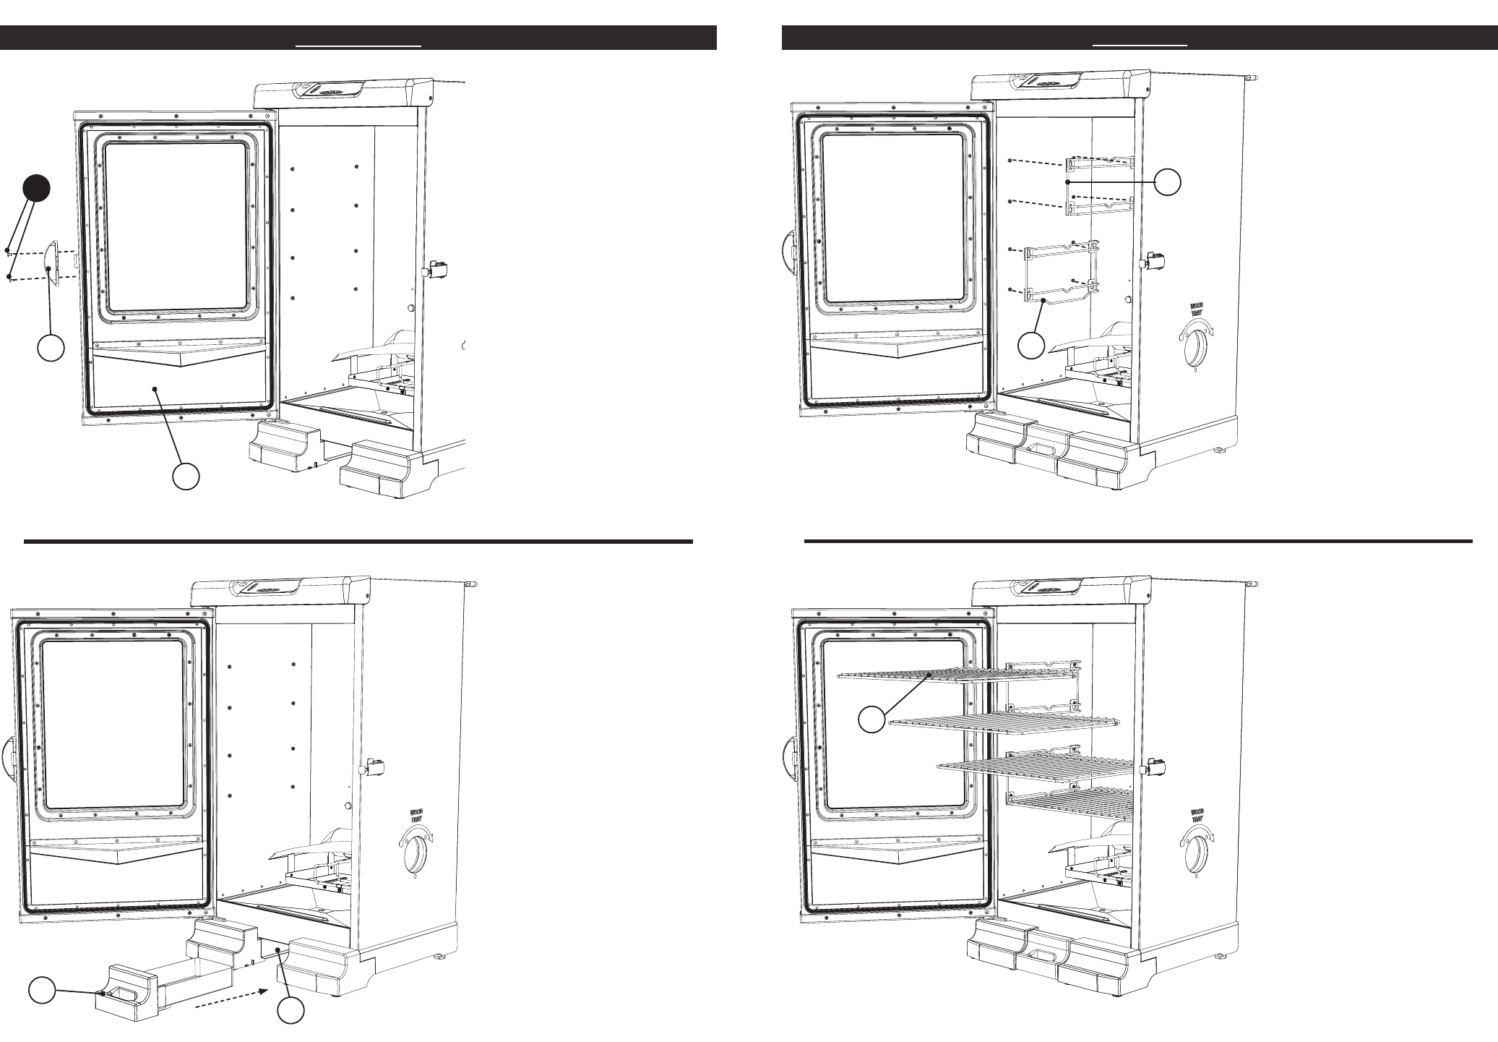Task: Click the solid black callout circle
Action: (36, 188)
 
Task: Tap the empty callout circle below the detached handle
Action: (51, 349)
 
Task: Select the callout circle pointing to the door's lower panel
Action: (186, 477)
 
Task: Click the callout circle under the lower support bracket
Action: (1031, 345)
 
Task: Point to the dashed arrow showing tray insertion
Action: (228, 999)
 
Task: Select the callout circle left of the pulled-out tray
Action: (43, 991)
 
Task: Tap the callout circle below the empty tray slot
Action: (291, 1011)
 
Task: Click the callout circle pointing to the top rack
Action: (871, 720)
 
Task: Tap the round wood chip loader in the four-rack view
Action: (1197, 852)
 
